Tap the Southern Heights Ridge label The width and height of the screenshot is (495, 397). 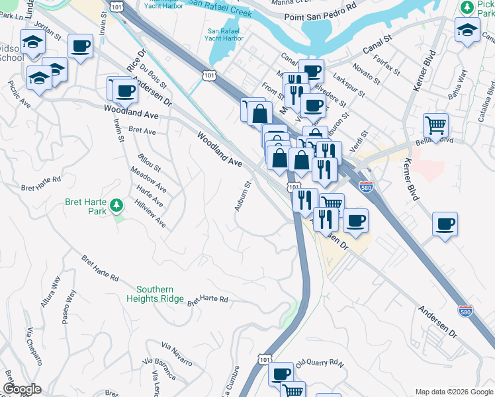[x=155, y=294]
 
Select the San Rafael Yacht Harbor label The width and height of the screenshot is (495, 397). [x=225, y=34]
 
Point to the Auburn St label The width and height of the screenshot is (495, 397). [x=243, y=197]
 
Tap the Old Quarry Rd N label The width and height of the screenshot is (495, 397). [x=320, y=363]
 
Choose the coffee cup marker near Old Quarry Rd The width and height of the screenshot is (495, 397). [x=281, y=373]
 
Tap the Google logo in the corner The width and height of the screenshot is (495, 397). [x=22, y=389]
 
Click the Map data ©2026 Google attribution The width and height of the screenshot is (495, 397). [x=453, y=391]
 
